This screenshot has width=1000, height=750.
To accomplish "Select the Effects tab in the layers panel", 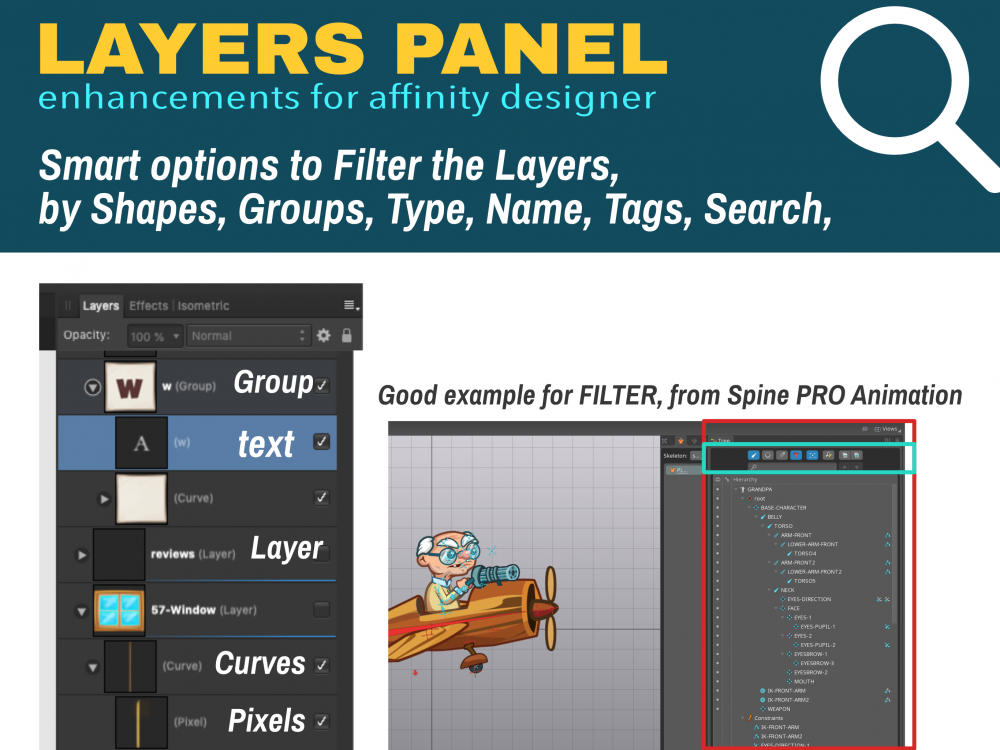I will pyautogui.click(x=148, y=306).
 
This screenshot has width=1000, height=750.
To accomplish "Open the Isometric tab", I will pyautogui.click(x=203, y=306).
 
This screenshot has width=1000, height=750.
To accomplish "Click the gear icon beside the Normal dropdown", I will pyautogui.click(x=324, y=336).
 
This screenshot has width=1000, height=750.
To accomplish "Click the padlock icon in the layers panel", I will pyautogui.click(x=346, y=336).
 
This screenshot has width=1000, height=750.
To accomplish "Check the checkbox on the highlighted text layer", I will pyautogui.click(x=321, y=441).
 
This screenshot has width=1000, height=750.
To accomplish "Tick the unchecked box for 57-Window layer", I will pyautogui.click(x=321, y=610).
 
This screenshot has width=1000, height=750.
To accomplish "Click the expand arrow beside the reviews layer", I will pyautogui.click(x=80, y=554).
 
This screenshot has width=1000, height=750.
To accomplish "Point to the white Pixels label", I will pyautogui.click(x=267, y=720).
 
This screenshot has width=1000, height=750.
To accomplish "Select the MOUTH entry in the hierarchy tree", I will pyautogui.click(x=804, y=681).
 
